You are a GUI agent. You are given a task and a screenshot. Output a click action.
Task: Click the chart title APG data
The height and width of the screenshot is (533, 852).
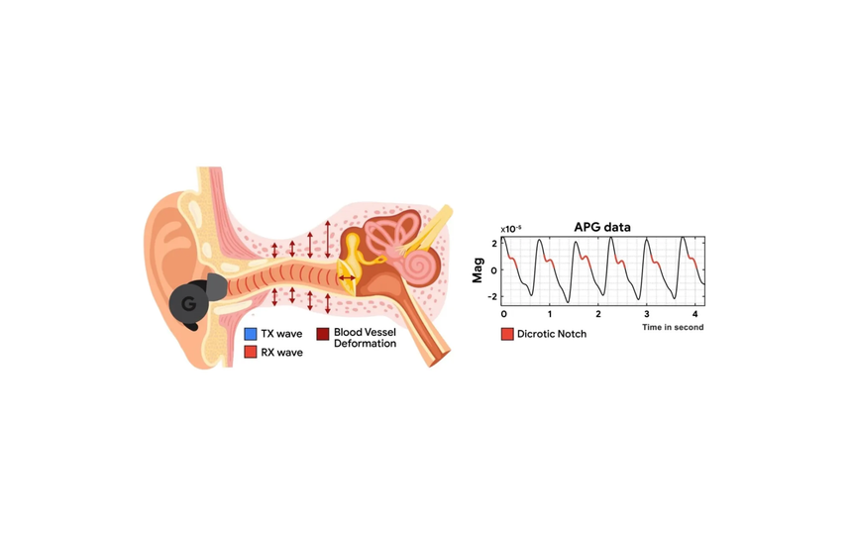(602, 227)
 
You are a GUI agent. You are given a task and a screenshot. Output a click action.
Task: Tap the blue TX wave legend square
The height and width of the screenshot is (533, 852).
(251, 334)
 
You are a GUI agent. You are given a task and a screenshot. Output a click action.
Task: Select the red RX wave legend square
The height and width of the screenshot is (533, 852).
(251, 352)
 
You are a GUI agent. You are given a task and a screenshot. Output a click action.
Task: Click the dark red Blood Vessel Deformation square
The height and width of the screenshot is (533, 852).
(323, 334)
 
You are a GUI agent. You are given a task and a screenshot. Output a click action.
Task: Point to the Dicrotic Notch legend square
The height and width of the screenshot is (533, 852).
(507, 334)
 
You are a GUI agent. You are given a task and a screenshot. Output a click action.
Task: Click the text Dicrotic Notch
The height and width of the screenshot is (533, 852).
(552, 334)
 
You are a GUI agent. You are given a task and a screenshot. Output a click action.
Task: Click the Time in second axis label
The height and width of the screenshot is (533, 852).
(673, 327)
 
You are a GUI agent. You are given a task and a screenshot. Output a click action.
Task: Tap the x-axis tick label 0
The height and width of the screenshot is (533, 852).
(503, 313)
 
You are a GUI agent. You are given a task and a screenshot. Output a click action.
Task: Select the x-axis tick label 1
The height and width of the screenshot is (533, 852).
(551, 313)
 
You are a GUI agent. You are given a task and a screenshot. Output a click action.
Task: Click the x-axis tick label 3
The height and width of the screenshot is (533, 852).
(647, 313)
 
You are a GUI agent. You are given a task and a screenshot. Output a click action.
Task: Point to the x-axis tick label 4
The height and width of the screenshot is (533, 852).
(695, 313)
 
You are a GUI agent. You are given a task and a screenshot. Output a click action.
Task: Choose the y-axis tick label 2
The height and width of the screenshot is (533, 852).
(492, 242)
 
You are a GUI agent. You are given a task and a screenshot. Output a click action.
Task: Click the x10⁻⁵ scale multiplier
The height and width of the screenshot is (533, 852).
(511, 229)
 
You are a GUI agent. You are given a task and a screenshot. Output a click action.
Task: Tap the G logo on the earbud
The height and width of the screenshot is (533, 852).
(187, 303)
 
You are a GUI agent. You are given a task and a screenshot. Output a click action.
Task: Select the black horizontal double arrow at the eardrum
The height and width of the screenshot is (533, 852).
(347, 278)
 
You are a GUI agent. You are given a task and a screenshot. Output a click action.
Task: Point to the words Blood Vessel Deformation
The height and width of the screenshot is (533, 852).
(365, 339)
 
